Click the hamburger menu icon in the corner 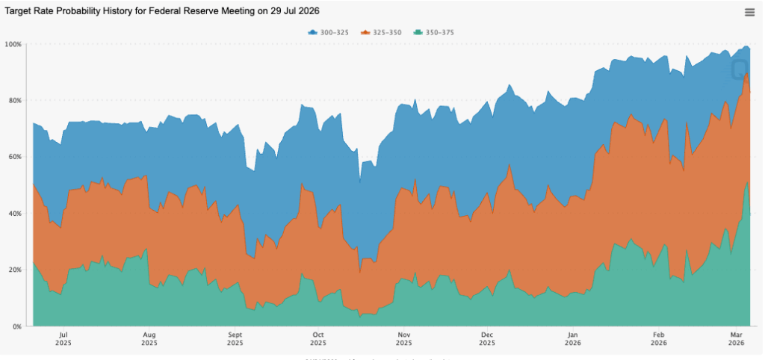tap(749, 12)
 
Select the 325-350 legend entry tap(381, 32)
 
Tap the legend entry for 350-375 tap(435, 32)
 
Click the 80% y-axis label tap(13, 100)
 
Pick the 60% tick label tap(13, 157)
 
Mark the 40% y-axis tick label tap(13, 214)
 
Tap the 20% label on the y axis tap(13, 270)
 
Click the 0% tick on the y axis tap(16, 326)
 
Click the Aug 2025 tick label tap(149, 339)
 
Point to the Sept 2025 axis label tap(235, 339)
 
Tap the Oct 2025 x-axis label tap(318, 339)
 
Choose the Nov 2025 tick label tap(403, 339)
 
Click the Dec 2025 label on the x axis tap(486, 339)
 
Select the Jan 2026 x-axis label tap(573, 339)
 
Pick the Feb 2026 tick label tap(659, 339)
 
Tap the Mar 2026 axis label tap(736, 339)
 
